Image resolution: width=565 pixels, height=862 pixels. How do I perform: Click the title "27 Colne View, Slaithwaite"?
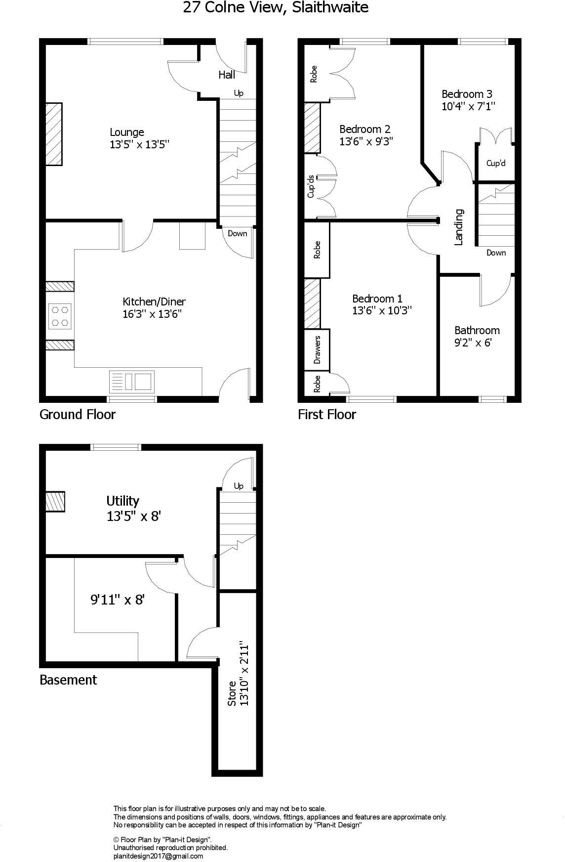pyautogui.click(x=276, y=8)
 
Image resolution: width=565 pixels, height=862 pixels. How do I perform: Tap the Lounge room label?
pyautogui.click(x=127, y=132)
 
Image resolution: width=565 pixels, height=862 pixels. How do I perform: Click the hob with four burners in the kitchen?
pyautogui.click(x=60, y=316)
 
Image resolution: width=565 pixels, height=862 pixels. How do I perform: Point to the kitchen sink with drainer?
pyautogui.click(x=131, y=382)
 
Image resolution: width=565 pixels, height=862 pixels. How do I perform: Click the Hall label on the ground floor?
pyautogui.click(x=227, y=75)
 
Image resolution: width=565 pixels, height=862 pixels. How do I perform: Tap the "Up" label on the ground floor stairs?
pyautogui.click(x=239, y=93)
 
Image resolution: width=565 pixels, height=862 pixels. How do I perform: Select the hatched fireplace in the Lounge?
pyautogui.click(x=54, y=134)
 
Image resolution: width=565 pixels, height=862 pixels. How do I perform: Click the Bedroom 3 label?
pyautogui.click(x=467, y=94)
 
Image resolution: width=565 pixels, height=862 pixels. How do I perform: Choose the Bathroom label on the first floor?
pyautogui.click(x=477, y=330)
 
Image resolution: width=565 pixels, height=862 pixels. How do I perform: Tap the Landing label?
pyautogui.click(x=459, y=227)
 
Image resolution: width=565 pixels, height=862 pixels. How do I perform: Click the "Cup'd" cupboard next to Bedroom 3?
pyautogui.click(x=496, y=163)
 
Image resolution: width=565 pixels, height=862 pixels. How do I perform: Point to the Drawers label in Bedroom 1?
pyautogui.click(x=317, y=349)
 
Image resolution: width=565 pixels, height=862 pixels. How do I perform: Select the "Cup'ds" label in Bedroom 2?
pyautogui.click(x=311, y=186)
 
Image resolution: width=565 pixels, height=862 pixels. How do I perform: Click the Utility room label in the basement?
pyautogui.click(x=123, y=501)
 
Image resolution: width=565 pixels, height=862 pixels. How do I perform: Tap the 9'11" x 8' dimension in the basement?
pyautogui.click(x=117, y=600)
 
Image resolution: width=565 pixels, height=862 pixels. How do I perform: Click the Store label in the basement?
pyautogui.click(x=232, y=693)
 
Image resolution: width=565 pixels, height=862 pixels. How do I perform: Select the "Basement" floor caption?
pyautogui.click(x=68, y=680)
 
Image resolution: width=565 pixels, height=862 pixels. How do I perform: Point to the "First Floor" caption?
pyautogui.click(x=327, y=414)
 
